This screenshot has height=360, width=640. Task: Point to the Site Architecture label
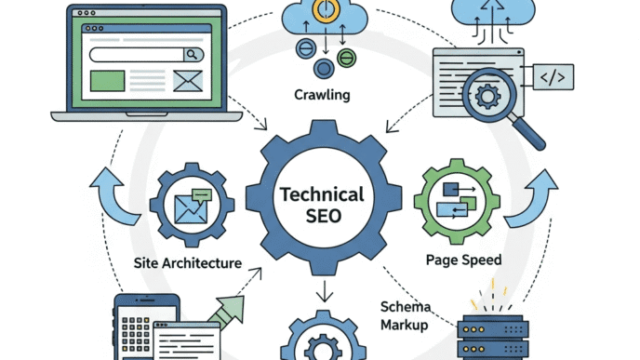click(186, 263)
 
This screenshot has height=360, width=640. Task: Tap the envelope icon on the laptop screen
click(186, 81)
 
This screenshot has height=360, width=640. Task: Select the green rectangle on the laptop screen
click(107, 81)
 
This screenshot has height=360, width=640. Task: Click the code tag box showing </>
click(552, 75)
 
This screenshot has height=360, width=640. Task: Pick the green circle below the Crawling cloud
click(347, 59)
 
